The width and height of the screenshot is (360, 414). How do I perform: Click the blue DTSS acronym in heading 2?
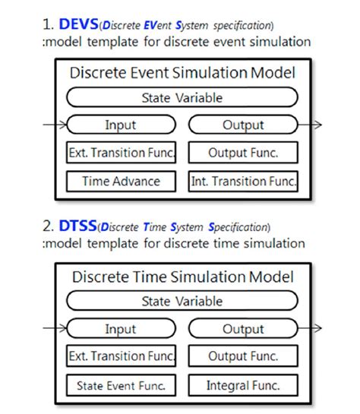tap(80, 226)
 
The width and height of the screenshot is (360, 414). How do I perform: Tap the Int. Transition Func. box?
tap(243, 181)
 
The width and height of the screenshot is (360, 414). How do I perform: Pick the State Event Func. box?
tap(122, 385)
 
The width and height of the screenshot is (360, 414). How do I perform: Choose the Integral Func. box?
tap(243, 385)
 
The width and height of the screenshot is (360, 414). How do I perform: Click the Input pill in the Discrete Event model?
tap(122, 125)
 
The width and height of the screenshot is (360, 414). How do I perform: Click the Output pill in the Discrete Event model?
tap(243, 125)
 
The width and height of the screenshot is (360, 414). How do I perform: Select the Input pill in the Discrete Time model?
tap(122, 329)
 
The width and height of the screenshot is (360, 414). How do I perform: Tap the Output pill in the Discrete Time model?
tap(243, 329)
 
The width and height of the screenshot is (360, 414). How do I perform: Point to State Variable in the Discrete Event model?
tap(182, 97)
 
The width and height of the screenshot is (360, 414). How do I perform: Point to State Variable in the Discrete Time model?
tap(182, 302)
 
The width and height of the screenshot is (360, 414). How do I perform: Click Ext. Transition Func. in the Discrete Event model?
tap(122, 152)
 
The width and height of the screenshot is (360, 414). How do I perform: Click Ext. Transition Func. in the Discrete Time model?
tap(122, 356)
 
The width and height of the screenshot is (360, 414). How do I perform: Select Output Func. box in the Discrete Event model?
tap(243, 152)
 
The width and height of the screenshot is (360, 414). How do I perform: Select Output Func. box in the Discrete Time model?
tap(243, 356)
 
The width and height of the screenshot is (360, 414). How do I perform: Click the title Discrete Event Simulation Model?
tap(182, 74)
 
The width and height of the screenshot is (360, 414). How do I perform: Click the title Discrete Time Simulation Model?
tap(182, 278)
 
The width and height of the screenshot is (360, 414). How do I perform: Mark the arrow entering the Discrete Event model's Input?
tap(55, 125)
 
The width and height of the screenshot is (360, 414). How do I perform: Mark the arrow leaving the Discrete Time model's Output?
tap(311, 329)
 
